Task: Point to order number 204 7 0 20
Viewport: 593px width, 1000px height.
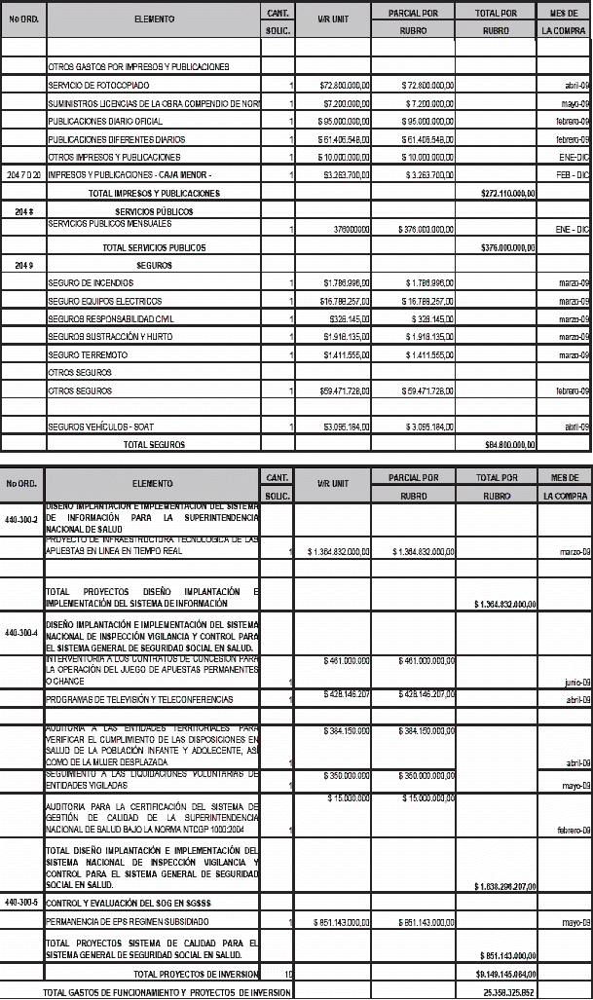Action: click(22, 175)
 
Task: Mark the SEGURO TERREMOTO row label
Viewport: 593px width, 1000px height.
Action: click(83, 354)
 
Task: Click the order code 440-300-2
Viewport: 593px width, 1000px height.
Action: click(21, 520)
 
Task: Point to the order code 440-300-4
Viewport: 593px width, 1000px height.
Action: click(21, 633)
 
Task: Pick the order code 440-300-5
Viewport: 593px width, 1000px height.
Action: click(21, 903)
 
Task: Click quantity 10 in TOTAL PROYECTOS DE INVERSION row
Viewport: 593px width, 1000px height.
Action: click(288, 974)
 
